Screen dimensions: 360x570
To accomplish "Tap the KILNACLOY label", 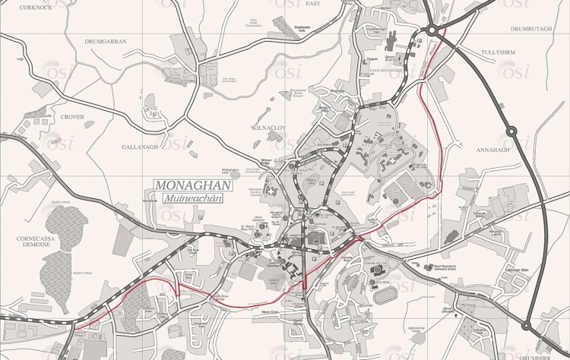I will (x=270, y=128).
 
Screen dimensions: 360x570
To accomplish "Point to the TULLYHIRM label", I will (x=499, y=52).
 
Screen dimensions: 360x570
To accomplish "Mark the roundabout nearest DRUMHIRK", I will (x=526, y=327).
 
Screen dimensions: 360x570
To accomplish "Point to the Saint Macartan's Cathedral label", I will (x=431, y=267).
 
